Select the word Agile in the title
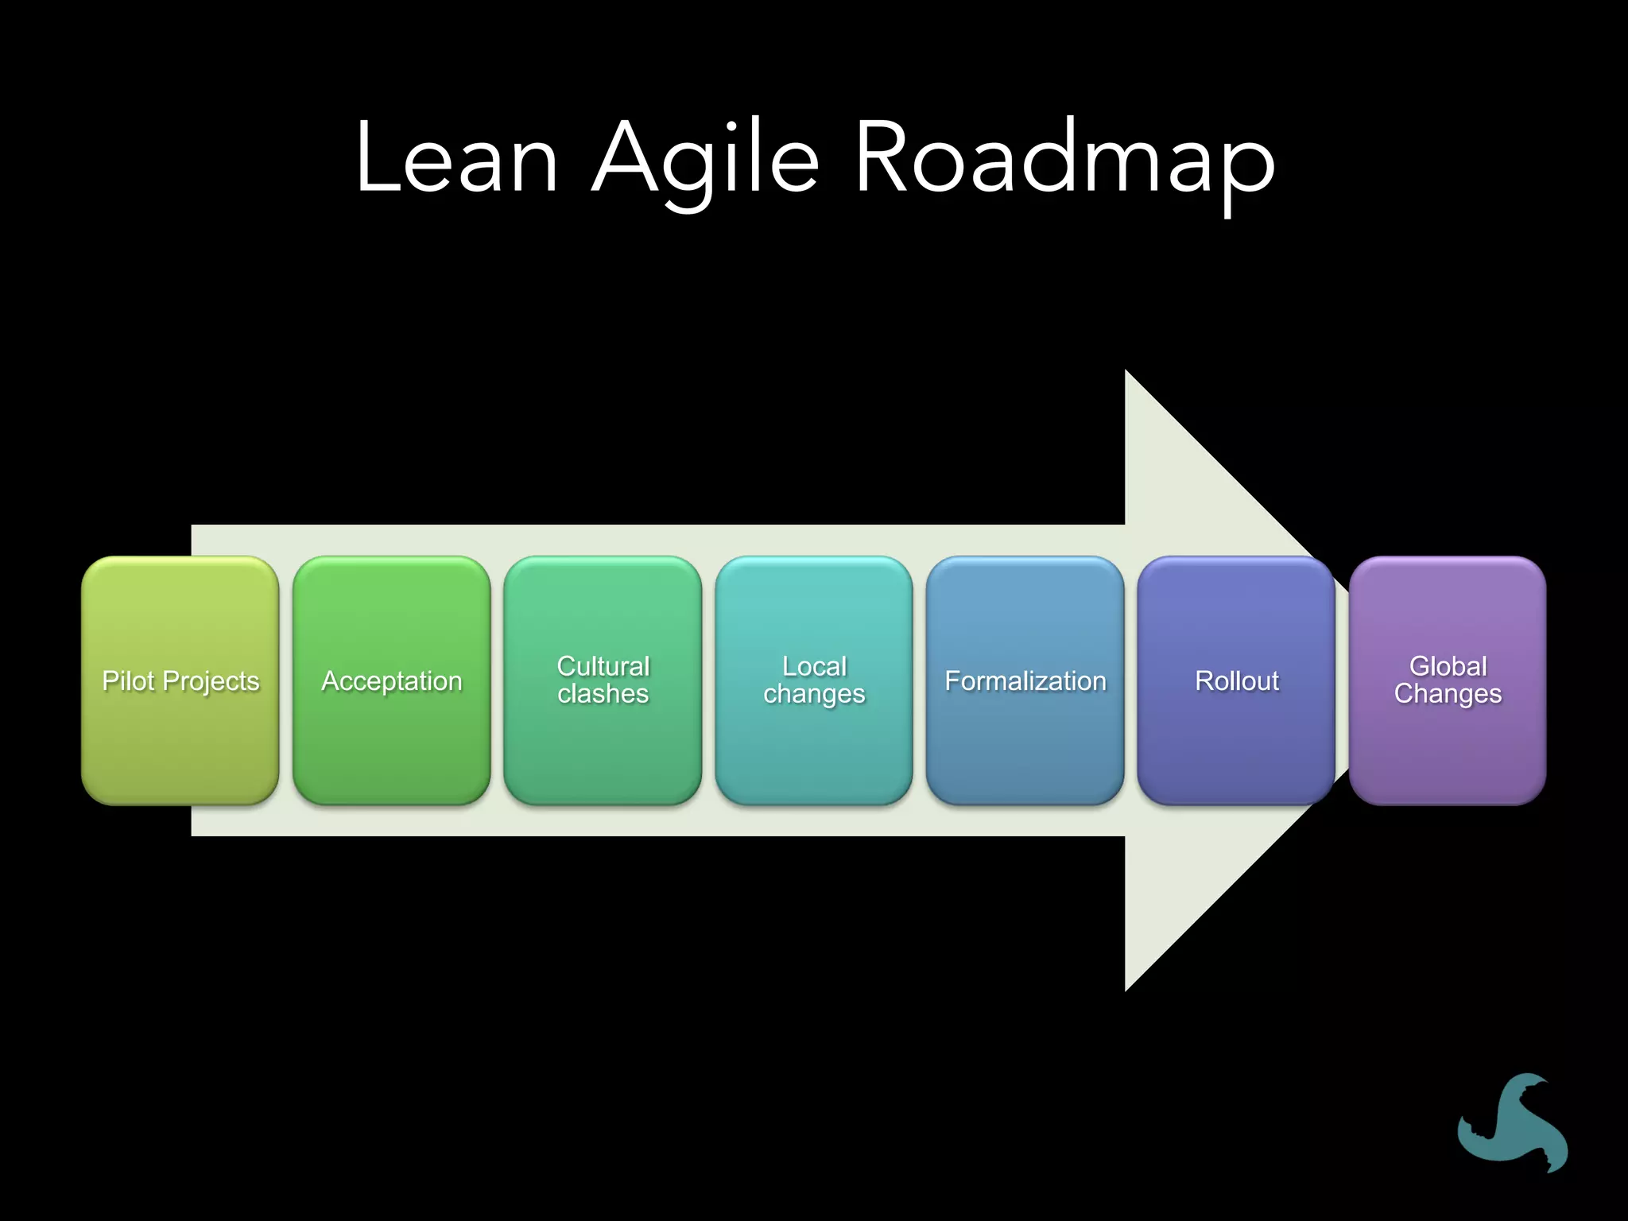tap(706, 159)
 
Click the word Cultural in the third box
tap(603, 666)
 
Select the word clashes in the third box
tap(603, 694)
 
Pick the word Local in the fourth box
tap(814, 666)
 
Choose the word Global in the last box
tap(1448, 666)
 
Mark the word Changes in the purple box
tap(1448, 694)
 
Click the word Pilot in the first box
tap(128, 681)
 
